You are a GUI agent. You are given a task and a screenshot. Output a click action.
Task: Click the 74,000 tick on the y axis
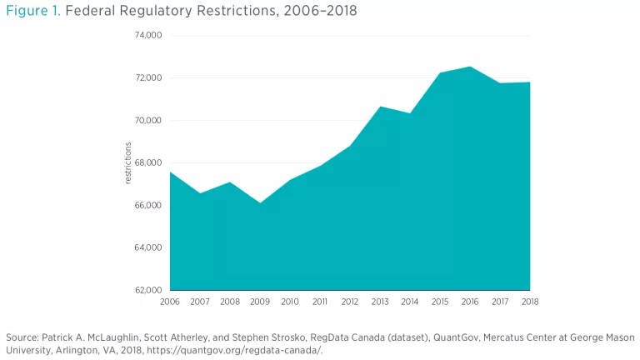tap(149, 36)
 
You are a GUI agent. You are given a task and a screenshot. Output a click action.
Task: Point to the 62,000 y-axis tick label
tap(149, 290)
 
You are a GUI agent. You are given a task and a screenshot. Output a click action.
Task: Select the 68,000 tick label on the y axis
tap(149, 162)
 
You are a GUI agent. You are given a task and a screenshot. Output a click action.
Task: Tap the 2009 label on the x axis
tap(260, 301)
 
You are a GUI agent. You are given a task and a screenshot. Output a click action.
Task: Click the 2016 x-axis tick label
tap(471, 301)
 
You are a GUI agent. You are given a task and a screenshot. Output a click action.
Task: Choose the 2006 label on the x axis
tap(170, 301)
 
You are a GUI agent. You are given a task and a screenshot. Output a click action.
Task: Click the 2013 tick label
tap(381, 301)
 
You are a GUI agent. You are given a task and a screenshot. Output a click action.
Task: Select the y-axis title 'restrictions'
tap(128, 163)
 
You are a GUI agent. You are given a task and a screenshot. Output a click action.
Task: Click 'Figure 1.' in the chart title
tap(31, 11)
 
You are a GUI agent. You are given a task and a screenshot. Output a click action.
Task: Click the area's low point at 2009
tap(260, 202)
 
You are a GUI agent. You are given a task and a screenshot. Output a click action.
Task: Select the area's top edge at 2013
tap(381, 107)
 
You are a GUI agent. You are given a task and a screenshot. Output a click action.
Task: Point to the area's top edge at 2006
tap(171, 172)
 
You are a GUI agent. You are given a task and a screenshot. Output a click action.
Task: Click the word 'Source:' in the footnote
tap(23, 337)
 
